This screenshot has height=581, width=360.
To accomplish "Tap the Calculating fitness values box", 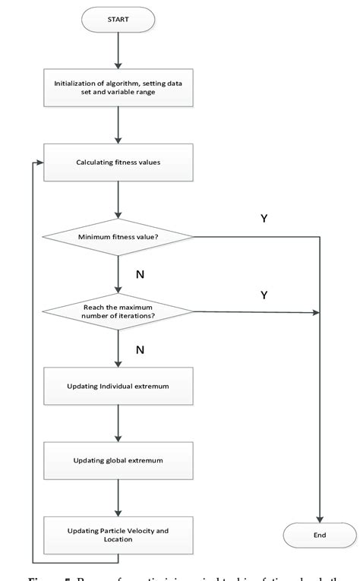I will pyautogui.click(x=118, y=162).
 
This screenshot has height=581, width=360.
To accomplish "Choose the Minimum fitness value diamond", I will pyautogui.click(x=118, y=236).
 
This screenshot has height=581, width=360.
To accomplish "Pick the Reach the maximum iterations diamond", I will pyautogui.click(x=118, y=311).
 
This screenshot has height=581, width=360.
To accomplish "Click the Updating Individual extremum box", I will pyautogui.click(x=118, y=387).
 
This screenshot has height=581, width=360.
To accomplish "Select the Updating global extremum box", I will pyautogui.click(x=118, y=461).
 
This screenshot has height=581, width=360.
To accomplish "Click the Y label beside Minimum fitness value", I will pyautogui.click(x=264, y=219).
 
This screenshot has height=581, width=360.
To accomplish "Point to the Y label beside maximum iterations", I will pyautogui.click(x=264, y=295).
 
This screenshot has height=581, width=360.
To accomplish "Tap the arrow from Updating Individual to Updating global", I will pyautogui.click(x=118, y=424).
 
